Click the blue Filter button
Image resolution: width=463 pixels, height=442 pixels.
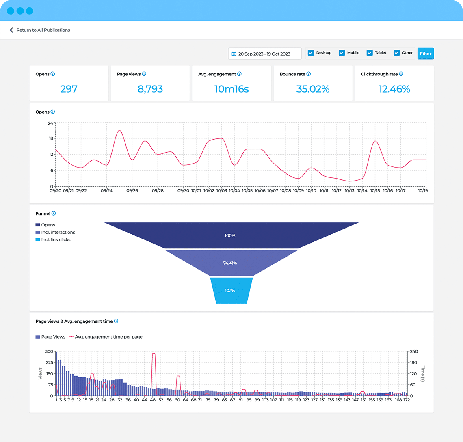(425, 54)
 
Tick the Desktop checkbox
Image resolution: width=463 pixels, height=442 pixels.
(311, 53)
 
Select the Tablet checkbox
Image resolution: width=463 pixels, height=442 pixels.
(370, 53)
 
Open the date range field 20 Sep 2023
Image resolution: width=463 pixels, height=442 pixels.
(264, 54)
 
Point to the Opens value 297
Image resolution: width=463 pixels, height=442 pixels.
(69, 89)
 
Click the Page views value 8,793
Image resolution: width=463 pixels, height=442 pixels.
(150, 89)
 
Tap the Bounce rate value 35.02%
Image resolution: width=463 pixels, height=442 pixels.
(313, 89)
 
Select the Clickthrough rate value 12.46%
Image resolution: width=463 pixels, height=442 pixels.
(394, 89)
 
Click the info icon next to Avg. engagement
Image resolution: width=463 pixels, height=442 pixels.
(239, 74)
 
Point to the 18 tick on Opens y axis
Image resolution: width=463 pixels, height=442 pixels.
(51, 138)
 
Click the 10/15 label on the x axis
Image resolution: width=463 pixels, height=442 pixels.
(375, 190)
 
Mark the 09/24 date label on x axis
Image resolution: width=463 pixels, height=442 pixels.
(106, 190)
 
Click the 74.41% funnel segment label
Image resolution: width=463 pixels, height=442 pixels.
(230, 263)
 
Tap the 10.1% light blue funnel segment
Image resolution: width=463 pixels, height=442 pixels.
(230, 291)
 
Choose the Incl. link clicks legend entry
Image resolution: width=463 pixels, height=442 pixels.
(56, 239)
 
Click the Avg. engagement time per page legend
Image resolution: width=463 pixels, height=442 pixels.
(108, 337)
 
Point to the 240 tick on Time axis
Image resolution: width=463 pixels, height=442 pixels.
(414, 351)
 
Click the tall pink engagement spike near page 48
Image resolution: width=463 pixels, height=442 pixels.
(154, 354)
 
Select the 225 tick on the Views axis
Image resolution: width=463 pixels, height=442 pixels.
(49, 363)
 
